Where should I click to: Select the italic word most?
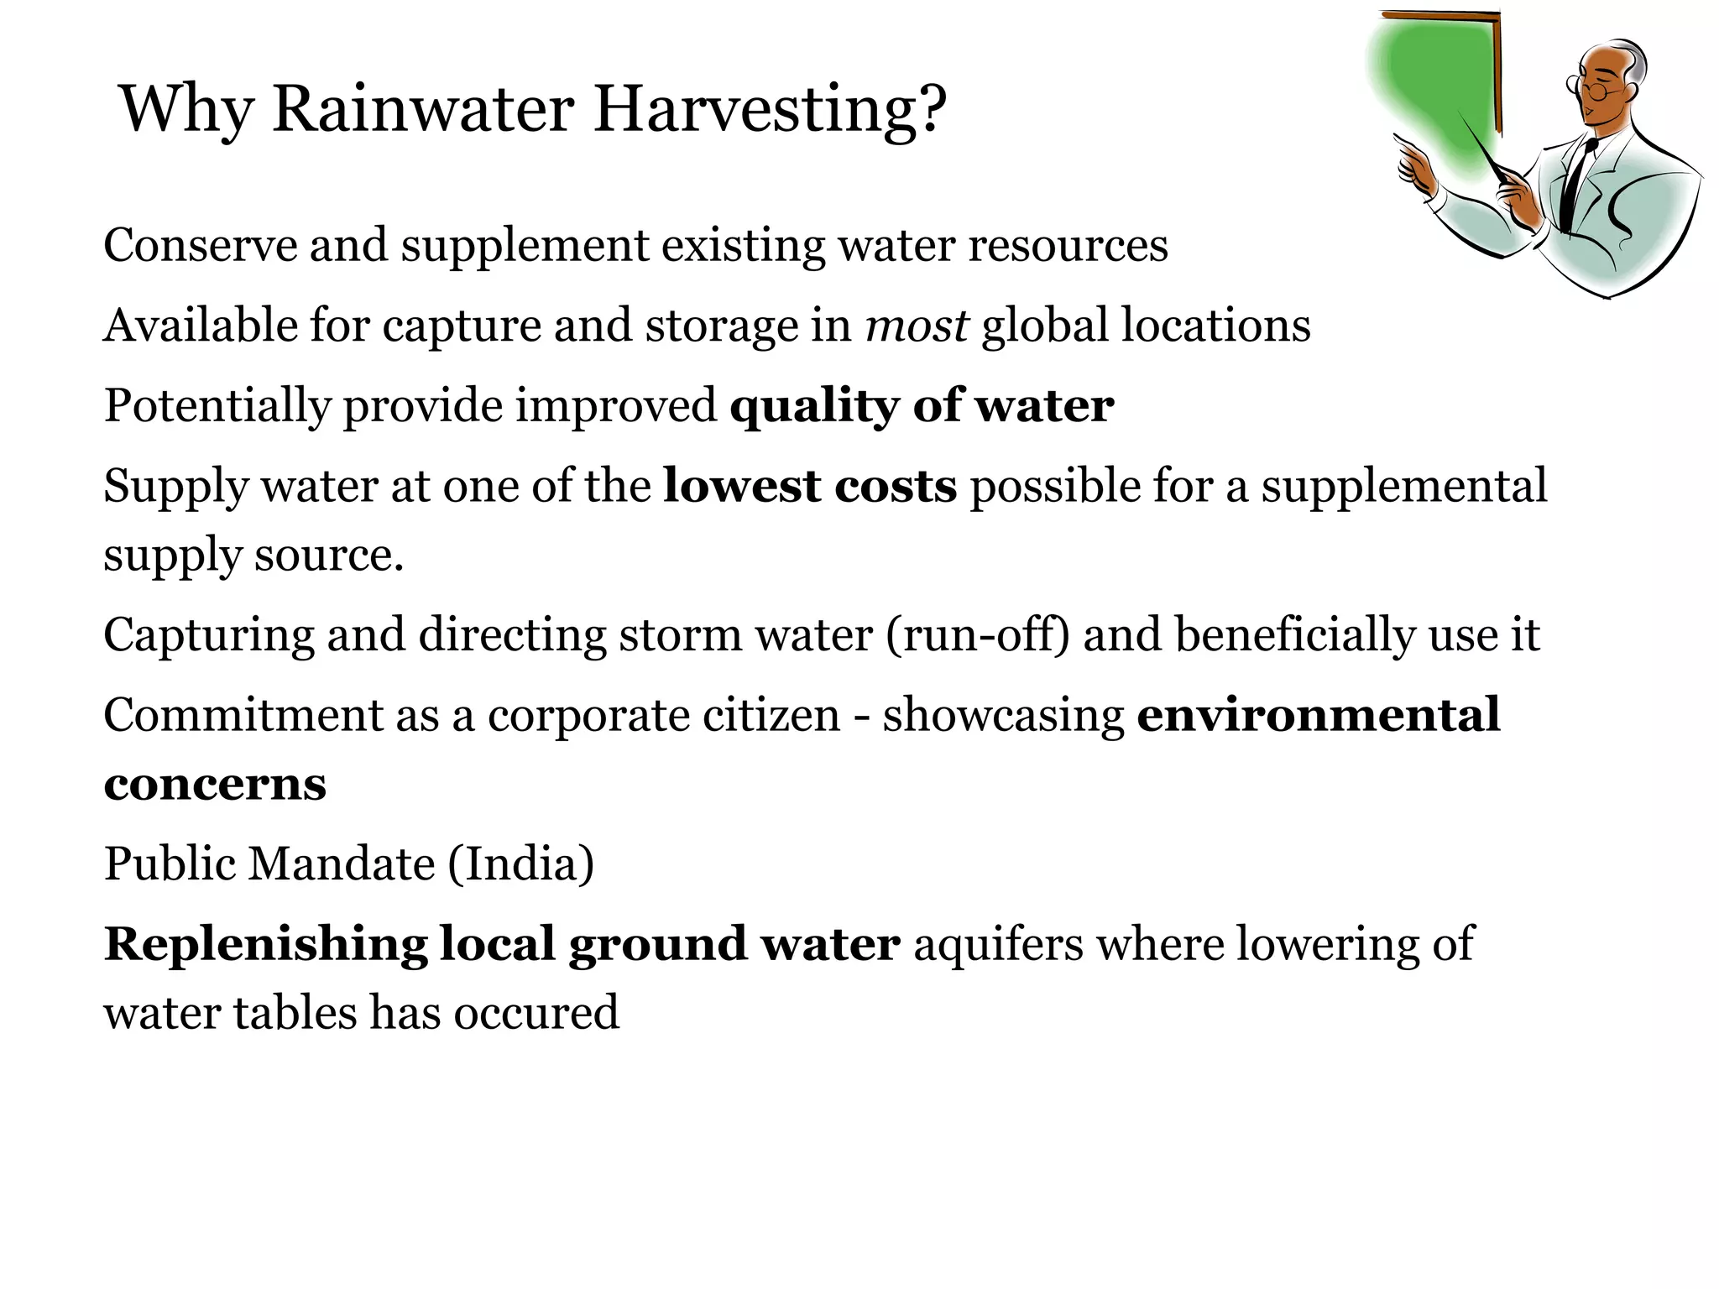point(917,326)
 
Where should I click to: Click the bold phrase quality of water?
point(922,406)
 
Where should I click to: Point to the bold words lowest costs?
point(810,487)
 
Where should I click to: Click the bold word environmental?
point(1318,715)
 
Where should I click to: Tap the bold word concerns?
point(215,784)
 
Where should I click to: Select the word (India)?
point(520,864)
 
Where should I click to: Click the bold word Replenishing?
point(265,944)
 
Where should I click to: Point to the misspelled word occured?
point(536,1012)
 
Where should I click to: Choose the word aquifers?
point(999,944)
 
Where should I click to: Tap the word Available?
point(200,326)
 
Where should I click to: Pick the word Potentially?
point(217,406)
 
